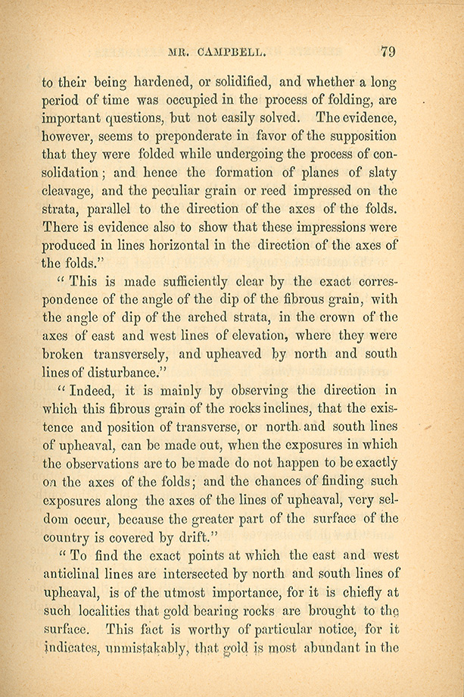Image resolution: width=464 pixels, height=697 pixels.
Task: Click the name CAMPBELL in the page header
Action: (229, 52)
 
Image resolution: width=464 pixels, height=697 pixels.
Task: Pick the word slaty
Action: (379, 173)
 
